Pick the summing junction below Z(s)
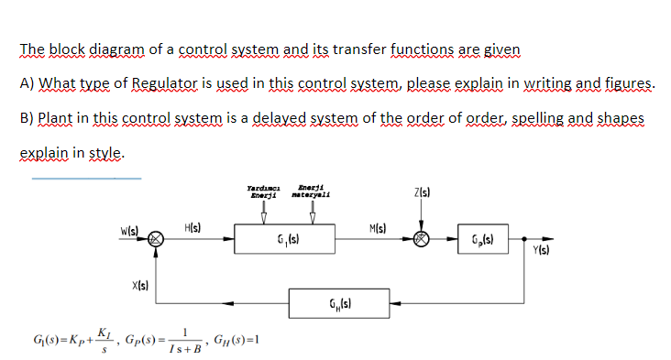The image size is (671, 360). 421,243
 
